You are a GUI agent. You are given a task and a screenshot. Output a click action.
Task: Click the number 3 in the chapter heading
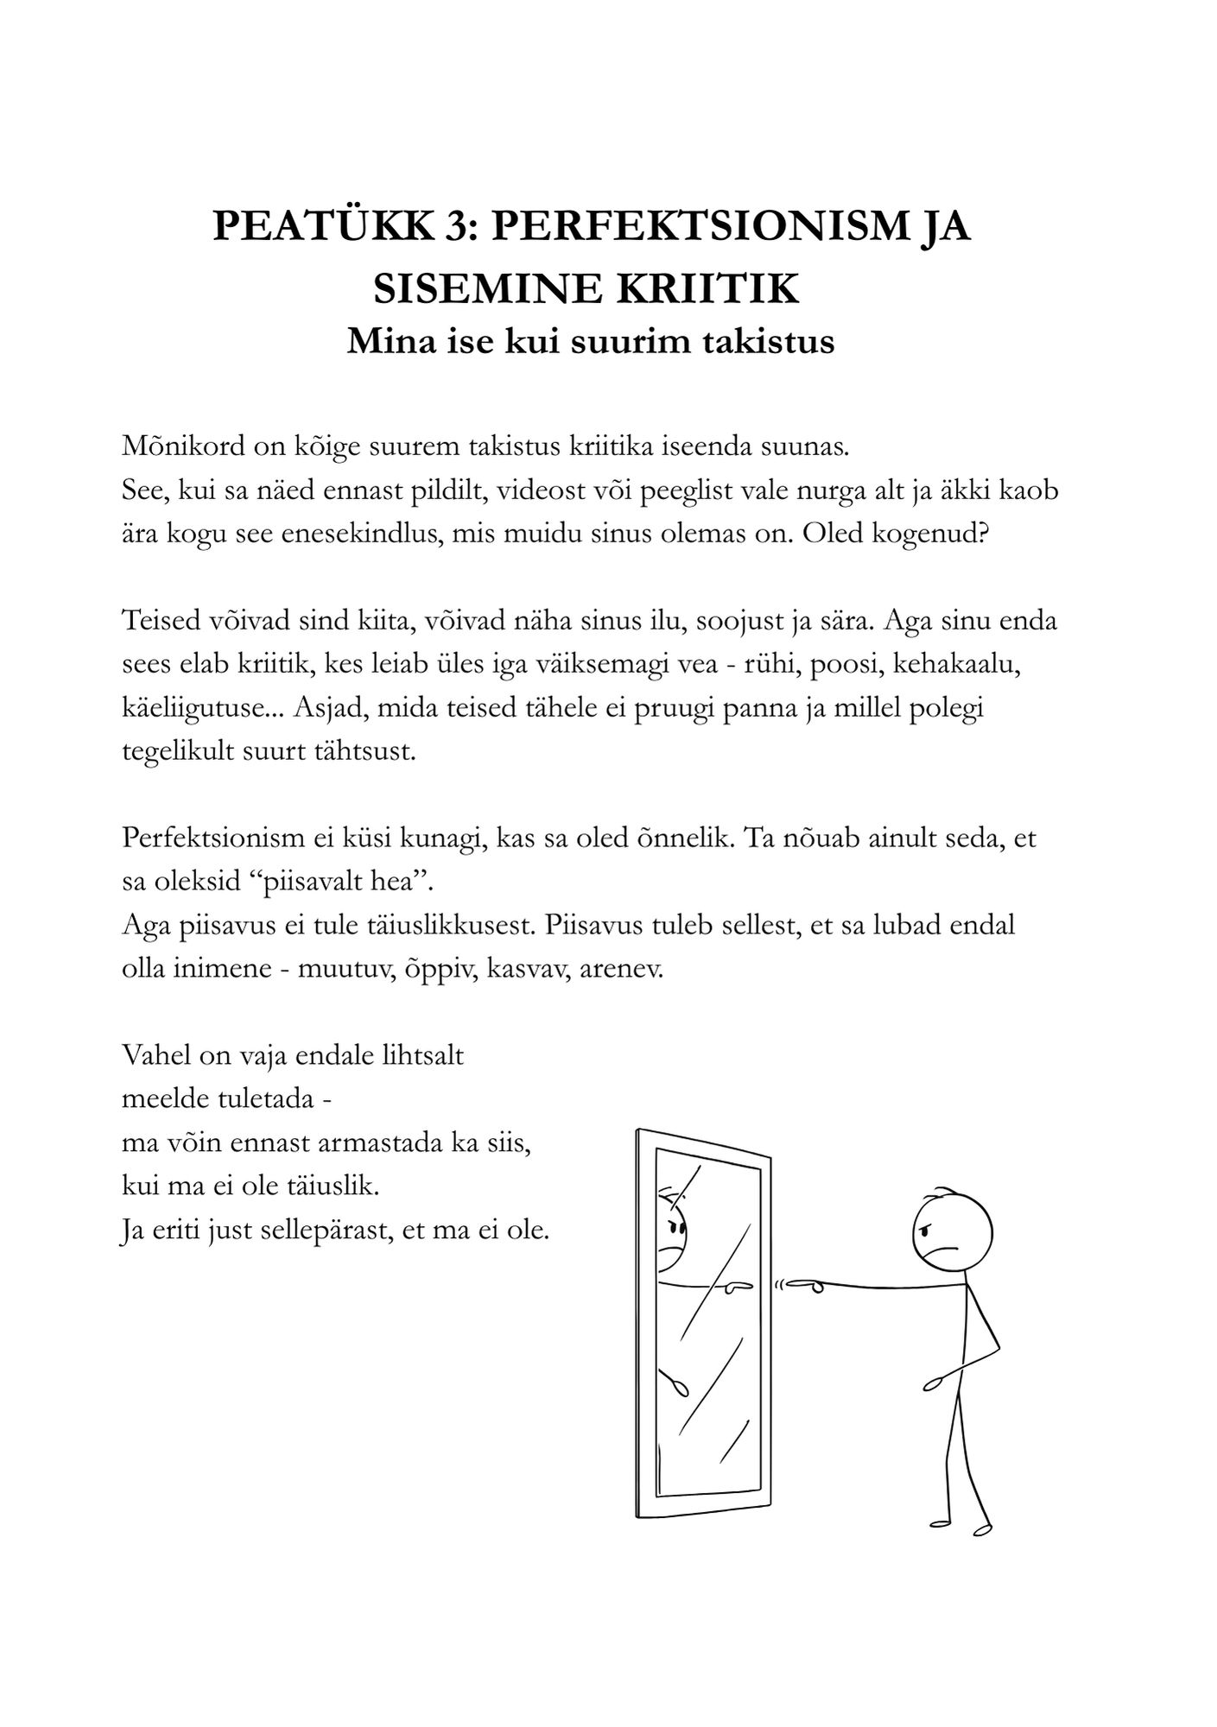[x=451, y=227]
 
